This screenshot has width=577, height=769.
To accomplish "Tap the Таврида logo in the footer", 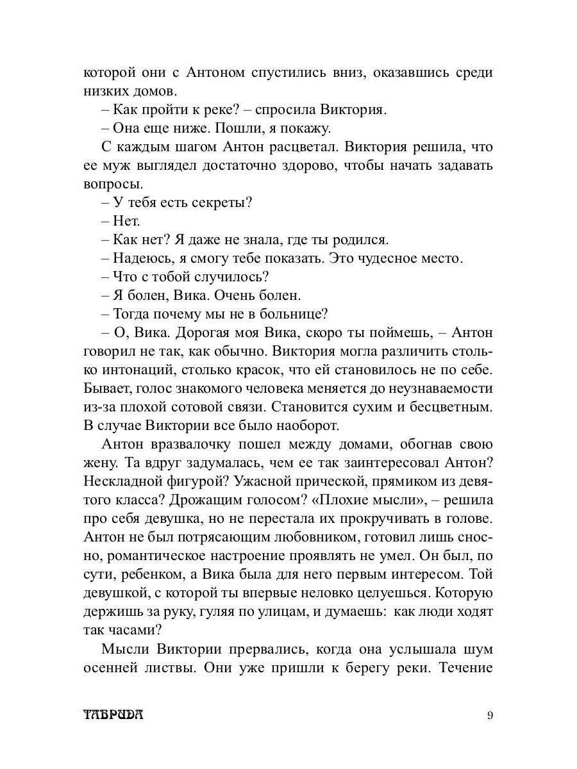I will coord(113,716).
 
